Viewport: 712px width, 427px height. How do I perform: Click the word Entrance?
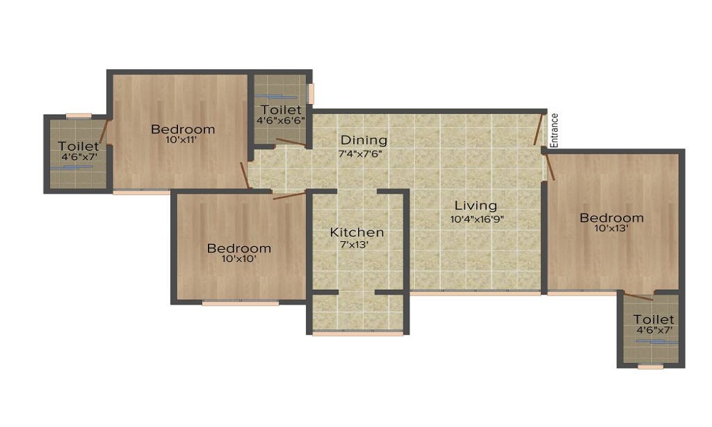555,131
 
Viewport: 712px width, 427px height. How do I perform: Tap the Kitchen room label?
357,233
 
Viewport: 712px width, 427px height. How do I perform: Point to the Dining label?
363,140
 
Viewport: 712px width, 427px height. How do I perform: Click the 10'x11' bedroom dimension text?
182,140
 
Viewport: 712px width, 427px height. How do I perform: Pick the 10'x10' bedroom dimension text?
239,260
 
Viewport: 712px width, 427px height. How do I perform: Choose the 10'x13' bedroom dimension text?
612,228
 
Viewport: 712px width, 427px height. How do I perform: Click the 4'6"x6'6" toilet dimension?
281,122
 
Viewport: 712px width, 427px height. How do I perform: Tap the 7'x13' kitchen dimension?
357,245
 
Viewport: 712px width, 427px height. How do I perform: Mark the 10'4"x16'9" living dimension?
478,219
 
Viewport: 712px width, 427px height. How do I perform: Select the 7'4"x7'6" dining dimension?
363,153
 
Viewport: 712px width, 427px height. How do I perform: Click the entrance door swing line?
539,130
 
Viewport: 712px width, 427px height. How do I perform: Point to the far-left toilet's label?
78,147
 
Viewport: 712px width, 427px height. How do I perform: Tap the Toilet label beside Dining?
281,110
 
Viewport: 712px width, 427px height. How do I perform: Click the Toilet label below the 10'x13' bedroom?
654,320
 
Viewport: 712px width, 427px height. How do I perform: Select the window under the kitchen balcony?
357,333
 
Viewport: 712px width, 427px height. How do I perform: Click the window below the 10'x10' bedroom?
240,303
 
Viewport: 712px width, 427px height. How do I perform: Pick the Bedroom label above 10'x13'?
612,218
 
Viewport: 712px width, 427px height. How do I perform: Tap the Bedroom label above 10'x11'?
183,130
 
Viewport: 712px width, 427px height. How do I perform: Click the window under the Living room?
476,292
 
